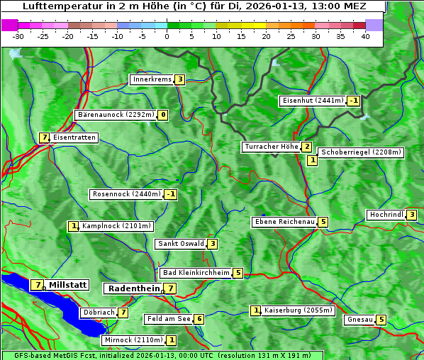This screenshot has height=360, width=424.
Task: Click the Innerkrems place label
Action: [x=152, y=79]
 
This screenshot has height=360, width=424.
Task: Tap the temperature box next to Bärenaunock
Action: [x=164, y=115]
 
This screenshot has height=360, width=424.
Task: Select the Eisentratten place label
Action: [x=74, y=137]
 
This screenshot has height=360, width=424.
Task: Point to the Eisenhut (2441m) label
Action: [x=313, y=101]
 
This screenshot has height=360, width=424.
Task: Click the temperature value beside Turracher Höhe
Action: [x=306, y=147]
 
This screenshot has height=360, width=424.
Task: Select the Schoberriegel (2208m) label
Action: [x=361, y=152]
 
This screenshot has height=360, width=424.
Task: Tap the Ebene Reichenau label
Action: [x=284, y=222]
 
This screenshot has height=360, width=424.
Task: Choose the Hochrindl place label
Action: [x=386, y=215]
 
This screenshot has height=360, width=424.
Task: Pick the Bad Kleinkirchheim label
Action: [x=196, y=273]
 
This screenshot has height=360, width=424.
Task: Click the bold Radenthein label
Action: [x=133, y=288]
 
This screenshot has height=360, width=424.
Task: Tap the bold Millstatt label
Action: [x=67, y=285]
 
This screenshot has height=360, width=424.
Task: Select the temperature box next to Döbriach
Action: [x=123, y=313]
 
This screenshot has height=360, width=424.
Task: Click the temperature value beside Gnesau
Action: [x=381, y=320]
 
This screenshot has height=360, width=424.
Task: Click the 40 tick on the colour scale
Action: [x=365, y=36]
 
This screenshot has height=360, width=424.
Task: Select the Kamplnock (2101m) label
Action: [x=116, y=226]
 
